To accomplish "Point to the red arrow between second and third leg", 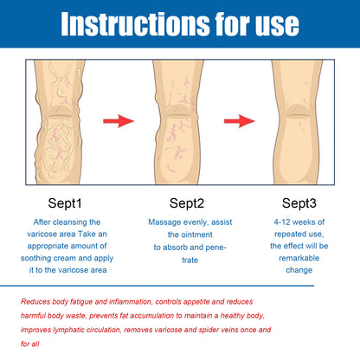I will (239, 119).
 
